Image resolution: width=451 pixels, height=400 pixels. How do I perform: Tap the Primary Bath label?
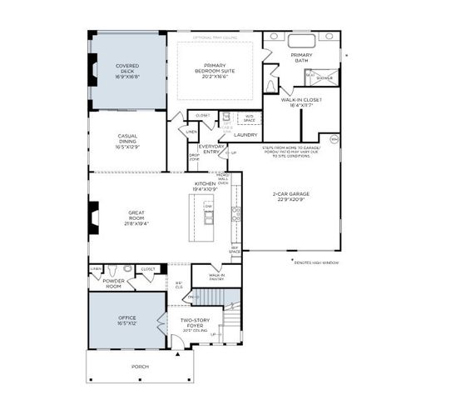point(301,57)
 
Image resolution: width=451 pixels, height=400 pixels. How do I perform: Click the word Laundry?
point(245,134)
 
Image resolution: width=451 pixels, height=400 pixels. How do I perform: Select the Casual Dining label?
point(127,138)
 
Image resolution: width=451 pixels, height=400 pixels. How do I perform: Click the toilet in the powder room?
point(125,270)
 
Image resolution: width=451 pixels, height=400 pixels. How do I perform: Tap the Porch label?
point(139,366)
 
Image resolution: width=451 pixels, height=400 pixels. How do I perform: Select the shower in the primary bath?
point(323,77)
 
